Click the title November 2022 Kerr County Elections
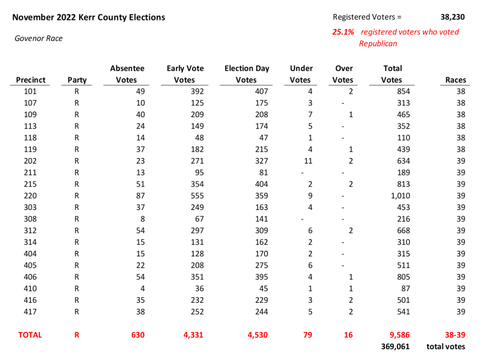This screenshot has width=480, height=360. [89, 17]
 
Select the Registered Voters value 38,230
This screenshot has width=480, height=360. [452, 17]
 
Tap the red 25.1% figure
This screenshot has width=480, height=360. [343, 32]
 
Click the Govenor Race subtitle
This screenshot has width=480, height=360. [38, 38]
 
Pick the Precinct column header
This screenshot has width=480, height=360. [31, 80]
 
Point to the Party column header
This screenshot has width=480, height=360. [77, 80]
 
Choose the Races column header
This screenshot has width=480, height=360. [455, 80]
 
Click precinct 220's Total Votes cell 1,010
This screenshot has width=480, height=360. [400, 196]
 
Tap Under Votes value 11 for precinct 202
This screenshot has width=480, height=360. [307, 161]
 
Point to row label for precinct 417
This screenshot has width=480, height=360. [30, 312]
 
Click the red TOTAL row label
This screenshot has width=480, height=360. [30, 335]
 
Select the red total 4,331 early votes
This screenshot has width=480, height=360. [193, 335]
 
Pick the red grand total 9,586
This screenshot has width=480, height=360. [399, 335]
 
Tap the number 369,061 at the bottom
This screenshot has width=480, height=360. [396, 346]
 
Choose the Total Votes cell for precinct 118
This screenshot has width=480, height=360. [403, 138]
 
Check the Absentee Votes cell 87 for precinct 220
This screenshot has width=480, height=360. [140, 196]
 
